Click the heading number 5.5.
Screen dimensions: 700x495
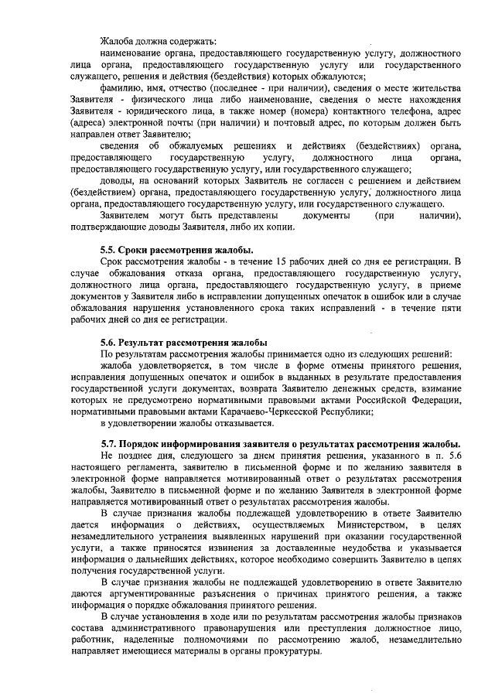click(x=109, y=249)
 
